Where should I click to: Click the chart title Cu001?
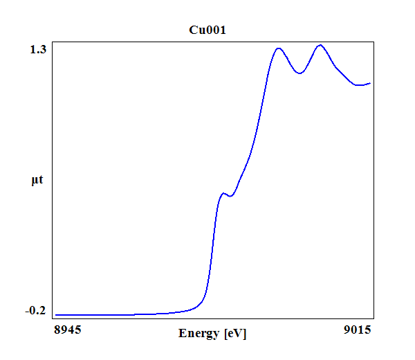pos(207,30)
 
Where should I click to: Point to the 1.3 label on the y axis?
pos(38,50)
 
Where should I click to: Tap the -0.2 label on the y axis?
pos(35,310)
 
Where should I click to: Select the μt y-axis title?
pos(37,180)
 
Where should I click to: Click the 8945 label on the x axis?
pos(68,330)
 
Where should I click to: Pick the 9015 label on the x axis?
pos(358,330)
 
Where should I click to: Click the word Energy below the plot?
pos(199,334)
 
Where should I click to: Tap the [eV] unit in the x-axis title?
pos(235,334)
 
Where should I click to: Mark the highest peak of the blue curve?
pos(320,45)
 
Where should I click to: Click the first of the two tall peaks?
pos(279,48)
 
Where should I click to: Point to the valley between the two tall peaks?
pos(299,73)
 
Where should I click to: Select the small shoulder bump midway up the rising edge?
pos(223,193)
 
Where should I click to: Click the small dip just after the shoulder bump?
pos(230,197)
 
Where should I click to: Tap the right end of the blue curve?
pos(370,84)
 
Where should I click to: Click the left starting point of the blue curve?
pos(55,315)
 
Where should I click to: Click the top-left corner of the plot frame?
pos(53,42)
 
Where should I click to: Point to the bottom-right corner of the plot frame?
pos(373,318)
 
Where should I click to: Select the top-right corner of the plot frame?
pos(373,42)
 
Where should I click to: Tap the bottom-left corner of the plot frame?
pos(53,318)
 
